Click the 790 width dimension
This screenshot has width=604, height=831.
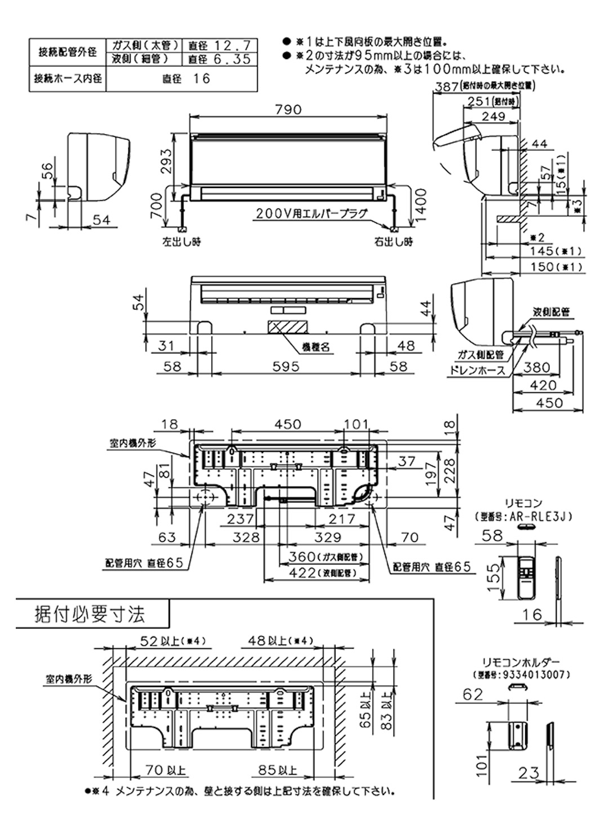coord(289,109)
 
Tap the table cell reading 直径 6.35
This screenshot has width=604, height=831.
coord(220,59)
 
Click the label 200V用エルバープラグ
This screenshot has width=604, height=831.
coord(311,213)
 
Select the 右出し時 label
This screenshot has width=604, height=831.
coord(393,242)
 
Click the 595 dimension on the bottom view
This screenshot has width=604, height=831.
coord(286,366)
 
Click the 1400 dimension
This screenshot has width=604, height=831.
coord(422,206)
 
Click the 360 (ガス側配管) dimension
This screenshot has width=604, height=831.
coord(322,556)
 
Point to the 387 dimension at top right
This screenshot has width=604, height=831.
coord(446,88)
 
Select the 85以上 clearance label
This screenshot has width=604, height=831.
coord(277,770)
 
